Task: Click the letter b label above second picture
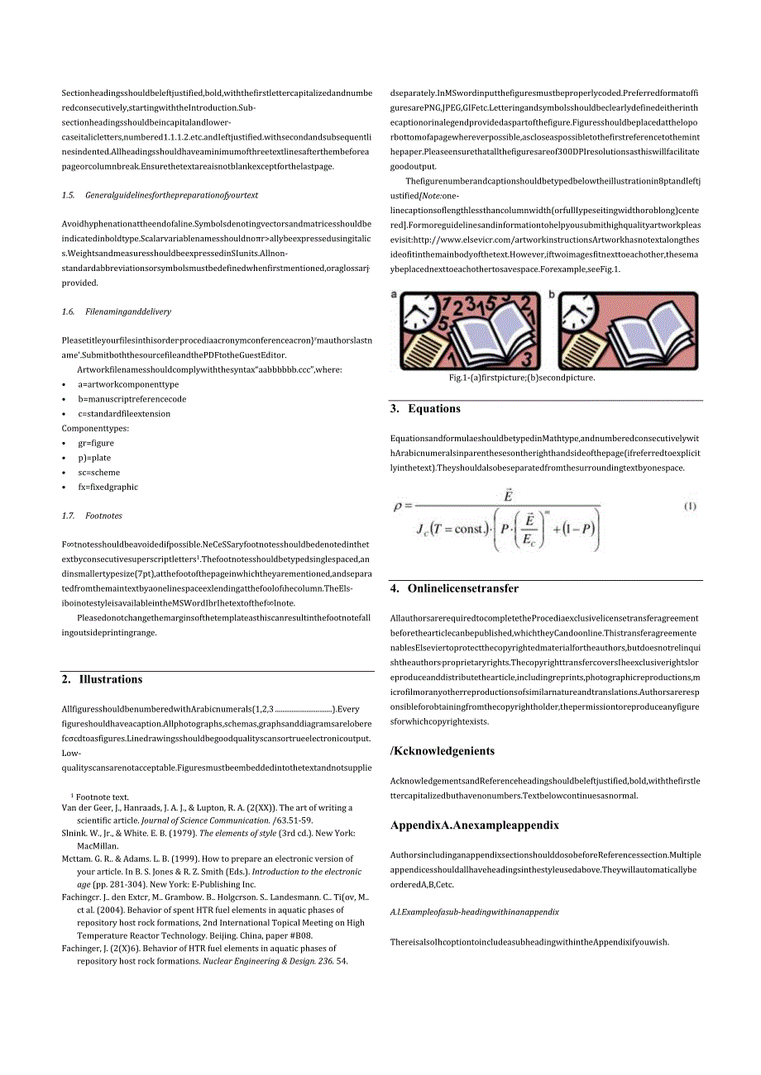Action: click(552, 294)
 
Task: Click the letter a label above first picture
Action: click(394, 294)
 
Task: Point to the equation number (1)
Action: click(690, 507)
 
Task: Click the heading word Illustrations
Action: click(111, 679)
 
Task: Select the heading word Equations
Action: click(434, 408)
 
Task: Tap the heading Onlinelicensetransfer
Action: click(463, 588)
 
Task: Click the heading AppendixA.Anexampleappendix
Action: click(475, 825)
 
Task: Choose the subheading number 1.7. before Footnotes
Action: click(68, 516)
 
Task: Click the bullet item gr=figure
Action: click(96, 443)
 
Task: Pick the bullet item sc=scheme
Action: click(98, 473)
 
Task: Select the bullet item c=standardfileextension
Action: click(124, 413)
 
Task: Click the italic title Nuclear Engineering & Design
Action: click(266, 961)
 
